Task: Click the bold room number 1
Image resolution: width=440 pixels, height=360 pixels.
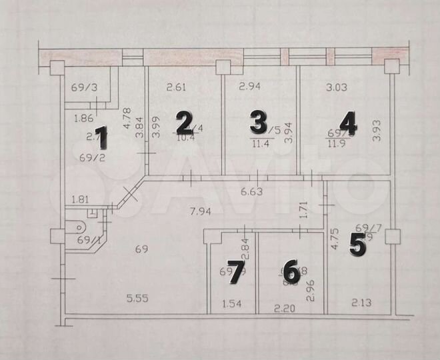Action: coord(101,138)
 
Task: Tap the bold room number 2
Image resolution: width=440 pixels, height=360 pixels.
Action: coord(183,123)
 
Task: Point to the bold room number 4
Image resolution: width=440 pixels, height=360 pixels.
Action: coord(348,123)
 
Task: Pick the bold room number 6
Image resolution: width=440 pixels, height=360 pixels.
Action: coord(290,271)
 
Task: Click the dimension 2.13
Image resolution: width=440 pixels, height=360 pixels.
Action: coord(361,304)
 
